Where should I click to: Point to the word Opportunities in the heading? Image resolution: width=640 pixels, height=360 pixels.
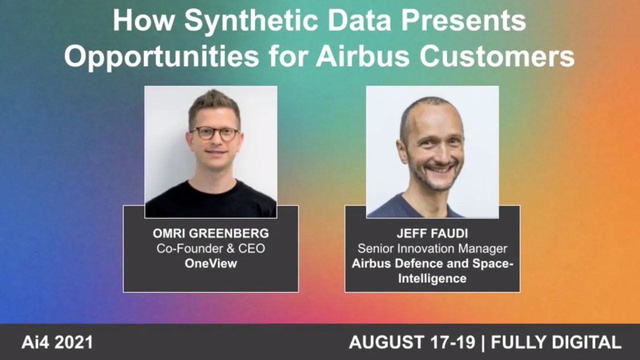coord(161,56)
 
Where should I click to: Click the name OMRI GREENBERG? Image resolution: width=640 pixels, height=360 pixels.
coord(210,233)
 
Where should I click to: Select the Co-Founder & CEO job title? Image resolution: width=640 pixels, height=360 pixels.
coord(210,248)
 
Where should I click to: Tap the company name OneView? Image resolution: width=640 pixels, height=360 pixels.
coord(210,263)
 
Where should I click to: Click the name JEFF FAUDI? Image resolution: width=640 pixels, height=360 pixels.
coord(432,233)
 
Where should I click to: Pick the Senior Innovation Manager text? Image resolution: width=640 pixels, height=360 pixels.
coord(432,248)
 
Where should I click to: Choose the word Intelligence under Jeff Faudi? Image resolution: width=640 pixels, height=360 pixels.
coord(432,278)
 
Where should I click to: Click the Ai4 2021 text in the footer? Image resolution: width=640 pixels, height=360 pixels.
coord(57,342)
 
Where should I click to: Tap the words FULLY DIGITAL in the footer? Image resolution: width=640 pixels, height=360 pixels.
coord(556,342)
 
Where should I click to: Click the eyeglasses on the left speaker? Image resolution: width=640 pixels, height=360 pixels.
coord(214,133)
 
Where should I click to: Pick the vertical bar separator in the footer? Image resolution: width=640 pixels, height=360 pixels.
coord(482,342)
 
